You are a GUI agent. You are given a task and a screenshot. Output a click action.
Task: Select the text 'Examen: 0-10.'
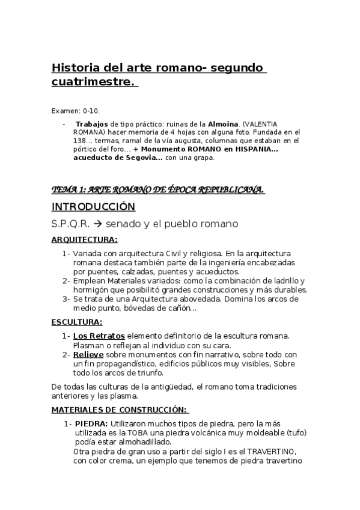pos(76,111)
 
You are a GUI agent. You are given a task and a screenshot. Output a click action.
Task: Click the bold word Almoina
pos(224,124)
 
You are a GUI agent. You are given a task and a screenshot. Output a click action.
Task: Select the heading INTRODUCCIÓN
pos(93,207)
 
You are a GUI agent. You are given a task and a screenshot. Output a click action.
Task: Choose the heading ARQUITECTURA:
pos(84,239)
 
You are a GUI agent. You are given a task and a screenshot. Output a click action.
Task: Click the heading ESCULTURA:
pos(77,322)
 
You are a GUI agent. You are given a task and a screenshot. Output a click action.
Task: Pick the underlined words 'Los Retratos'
pos(99,336)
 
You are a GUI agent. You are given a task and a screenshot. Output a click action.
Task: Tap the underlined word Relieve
pos(89,355)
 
